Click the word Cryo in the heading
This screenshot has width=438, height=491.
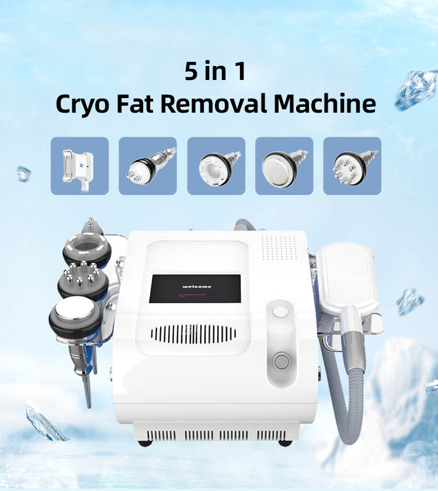[x=82, y=104]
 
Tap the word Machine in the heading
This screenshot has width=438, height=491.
[x=325, y=103]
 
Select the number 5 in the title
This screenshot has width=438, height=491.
[x=191, y=71]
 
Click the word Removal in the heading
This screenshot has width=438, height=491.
[x=214, y=103]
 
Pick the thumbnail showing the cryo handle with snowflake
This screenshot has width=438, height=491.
[x=79, y=166]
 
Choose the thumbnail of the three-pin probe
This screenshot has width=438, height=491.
[x=148, y=166]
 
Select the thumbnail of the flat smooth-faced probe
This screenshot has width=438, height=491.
[x=284, y=166]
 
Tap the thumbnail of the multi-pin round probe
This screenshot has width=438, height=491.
[x=352, y=166]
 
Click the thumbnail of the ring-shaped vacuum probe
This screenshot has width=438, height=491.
[x=216, y=166]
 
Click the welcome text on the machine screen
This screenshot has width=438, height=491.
[x=197, y=286]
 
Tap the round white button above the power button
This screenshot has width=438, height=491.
[x=280, y=312]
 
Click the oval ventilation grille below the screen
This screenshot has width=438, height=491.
[x=193, y=334]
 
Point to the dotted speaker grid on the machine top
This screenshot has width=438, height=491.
[x=279, y=248]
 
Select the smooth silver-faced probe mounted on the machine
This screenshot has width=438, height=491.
[x=75, y=316]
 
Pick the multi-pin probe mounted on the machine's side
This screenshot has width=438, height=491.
[x=83, y=279]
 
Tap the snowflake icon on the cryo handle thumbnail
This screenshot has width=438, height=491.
[x=81, y=165]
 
